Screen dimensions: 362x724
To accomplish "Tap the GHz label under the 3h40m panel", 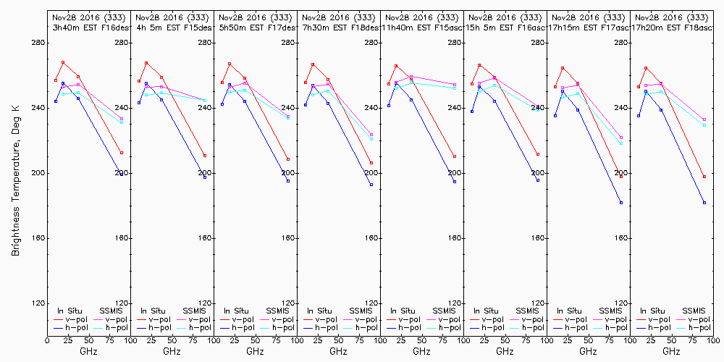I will coord(88,351).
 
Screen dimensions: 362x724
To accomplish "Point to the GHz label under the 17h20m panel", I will coord(671,351).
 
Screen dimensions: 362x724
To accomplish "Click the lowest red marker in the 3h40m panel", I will coord(122,153).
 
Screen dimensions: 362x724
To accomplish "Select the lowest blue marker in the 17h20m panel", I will coord(704,203).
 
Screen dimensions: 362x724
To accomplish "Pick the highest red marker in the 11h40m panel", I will coord(396,66).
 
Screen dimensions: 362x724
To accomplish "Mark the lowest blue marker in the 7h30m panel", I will coord(371,185).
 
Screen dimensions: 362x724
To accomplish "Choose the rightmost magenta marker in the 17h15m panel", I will coord(621,138).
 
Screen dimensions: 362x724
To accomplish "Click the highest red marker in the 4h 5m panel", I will coord(146,63).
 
